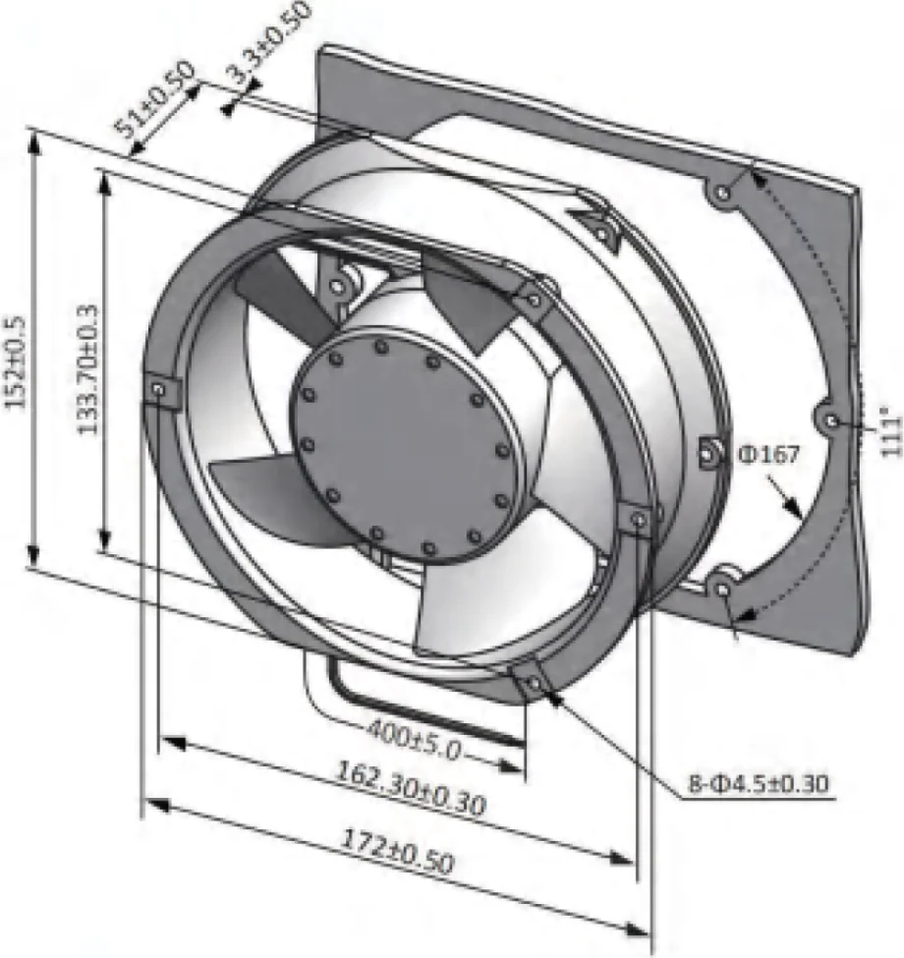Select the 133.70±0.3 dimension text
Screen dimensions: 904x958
pos(87,369)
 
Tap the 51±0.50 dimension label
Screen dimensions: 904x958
pos(154,97)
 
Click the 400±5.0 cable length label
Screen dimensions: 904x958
pos(414,739)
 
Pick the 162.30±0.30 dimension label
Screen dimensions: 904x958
pos(411,788)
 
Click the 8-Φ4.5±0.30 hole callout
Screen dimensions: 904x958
pos(759,783)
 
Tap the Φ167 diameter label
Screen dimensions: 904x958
pos(768,454)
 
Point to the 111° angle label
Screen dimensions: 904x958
pos(892,435)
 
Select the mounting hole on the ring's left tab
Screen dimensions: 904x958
pos(159,388)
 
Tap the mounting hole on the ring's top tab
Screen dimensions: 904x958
pos(535,300)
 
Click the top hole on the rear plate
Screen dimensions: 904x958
pos(722,194)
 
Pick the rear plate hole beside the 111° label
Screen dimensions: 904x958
pos(832,421)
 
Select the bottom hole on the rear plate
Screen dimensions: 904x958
pos(724,591)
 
